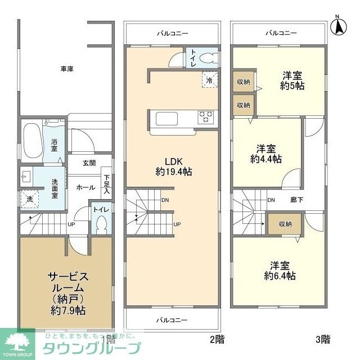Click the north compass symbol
(x=340, y=25)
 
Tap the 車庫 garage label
(x=67, y=69)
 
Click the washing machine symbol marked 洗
(x=28, y=198)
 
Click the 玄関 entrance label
(x=89, y=163)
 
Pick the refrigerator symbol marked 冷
(x=209, y=80)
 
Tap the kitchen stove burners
(x=205, y=117)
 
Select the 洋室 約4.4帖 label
(x=265, y=154)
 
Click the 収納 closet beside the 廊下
(x=285, y=223)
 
